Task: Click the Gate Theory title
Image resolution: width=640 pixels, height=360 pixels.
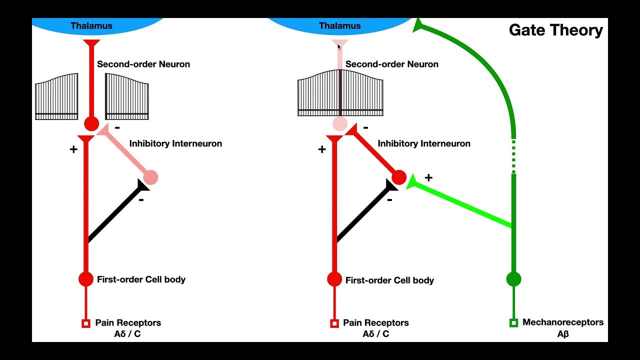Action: click(555, 30)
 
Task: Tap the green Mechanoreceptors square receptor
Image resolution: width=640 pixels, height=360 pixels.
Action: click(513, 323)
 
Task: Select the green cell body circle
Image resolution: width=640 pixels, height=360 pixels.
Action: click(513, 279)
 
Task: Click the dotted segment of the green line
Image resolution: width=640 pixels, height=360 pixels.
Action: click(513, 155)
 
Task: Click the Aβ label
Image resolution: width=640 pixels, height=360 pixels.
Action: click(563, 334)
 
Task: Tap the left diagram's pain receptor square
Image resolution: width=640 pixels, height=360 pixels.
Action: click(85, 323)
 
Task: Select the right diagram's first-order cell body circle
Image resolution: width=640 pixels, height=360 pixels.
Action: click(334, 279)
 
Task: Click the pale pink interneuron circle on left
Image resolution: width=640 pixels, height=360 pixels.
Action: click(150, 177)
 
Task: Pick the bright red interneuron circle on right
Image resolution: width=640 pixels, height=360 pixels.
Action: click(399, 177)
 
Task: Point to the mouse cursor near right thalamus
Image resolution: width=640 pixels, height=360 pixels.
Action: click(339, 46)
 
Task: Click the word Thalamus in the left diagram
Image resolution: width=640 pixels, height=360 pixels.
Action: click(91, 25)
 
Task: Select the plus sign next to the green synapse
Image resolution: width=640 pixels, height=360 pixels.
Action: click(428, 177)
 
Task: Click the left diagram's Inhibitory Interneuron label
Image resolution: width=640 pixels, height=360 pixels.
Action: click(175, 143)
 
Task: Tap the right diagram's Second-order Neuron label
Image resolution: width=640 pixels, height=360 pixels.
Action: click(392, 64)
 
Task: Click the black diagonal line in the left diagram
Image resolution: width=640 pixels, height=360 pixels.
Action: click(114, 214)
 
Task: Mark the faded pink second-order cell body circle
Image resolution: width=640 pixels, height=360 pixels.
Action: click(340, 123)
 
